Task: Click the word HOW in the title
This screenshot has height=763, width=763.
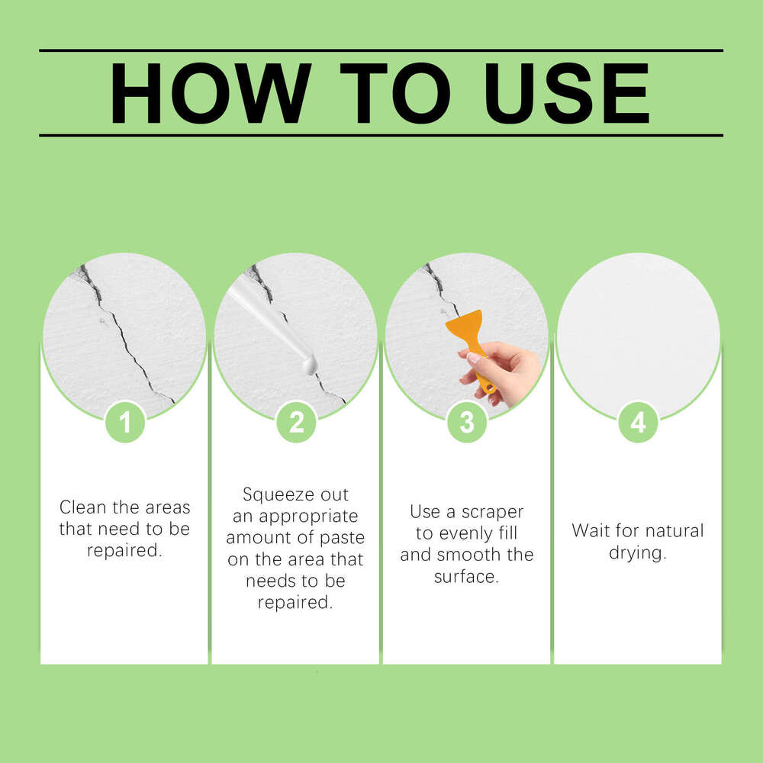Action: point(211,93)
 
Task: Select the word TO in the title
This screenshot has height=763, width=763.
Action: point(395,93)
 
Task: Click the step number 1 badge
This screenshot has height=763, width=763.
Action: point(125,422)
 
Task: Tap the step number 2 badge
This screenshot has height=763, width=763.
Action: point(296,422)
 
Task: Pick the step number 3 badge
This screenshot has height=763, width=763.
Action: point(467,422)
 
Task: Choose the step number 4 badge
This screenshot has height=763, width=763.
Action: point(638,422)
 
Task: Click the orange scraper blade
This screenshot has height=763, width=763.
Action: point(465,327)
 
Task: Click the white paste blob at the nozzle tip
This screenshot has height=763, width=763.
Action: point(310,364)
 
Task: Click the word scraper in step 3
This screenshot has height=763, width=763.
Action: point(492,513)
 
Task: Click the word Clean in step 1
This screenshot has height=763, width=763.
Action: point(82,507)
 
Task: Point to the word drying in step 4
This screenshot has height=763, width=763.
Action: point(636,553)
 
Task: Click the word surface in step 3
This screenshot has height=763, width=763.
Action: point(466,577)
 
